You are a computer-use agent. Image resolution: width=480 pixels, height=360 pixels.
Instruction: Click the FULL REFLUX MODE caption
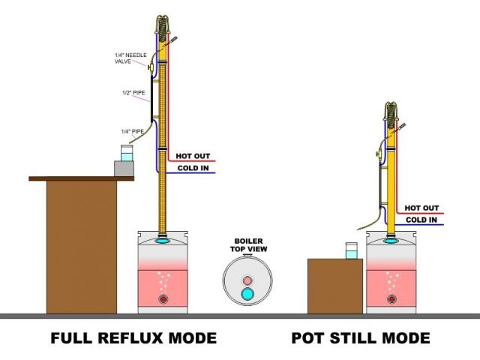(x=133, y=339)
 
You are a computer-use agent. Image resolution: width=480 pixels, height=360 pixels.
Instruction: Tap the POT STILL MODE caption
(x=361, y=339)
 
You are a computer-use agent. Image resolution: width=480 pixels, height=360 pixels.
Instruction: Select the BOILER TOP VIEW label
(x=247, y=244)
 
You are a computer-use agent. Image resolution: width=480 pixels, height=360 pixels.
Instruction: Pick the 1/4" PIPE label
(x=133, y=131)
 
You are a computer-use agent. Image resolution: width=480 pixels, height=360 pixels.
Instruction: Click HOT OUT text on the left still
(x=192, y=157)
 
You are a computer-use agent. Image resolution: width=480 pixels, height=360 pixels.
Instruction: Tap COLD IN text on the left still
(x=192, y=168)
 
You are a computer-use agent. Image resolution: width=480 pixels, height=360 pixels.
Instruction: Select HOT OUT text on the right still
(x=421, y=208)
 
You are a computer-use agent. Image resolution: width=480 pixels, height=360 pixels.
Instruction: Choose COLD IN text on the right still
(x=421, y=220)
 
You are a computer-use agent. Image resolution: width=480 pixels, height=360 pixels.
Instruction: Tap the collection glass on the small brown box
(x=350, y=250)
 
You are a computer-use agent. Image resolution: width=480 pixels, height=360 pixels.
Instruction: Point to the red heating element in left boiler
(x=163, y=299)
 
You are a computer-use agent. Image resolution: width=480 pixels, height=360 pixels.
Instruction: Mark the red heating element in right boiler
(x=391, y=299)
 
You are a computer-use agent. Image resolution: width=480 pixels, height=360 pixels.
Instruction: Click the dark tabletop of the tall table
(x=81, y=178)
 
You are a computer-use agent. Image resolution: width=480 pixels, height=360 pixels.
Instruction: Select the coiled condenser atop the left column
(x=162, y=26)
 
